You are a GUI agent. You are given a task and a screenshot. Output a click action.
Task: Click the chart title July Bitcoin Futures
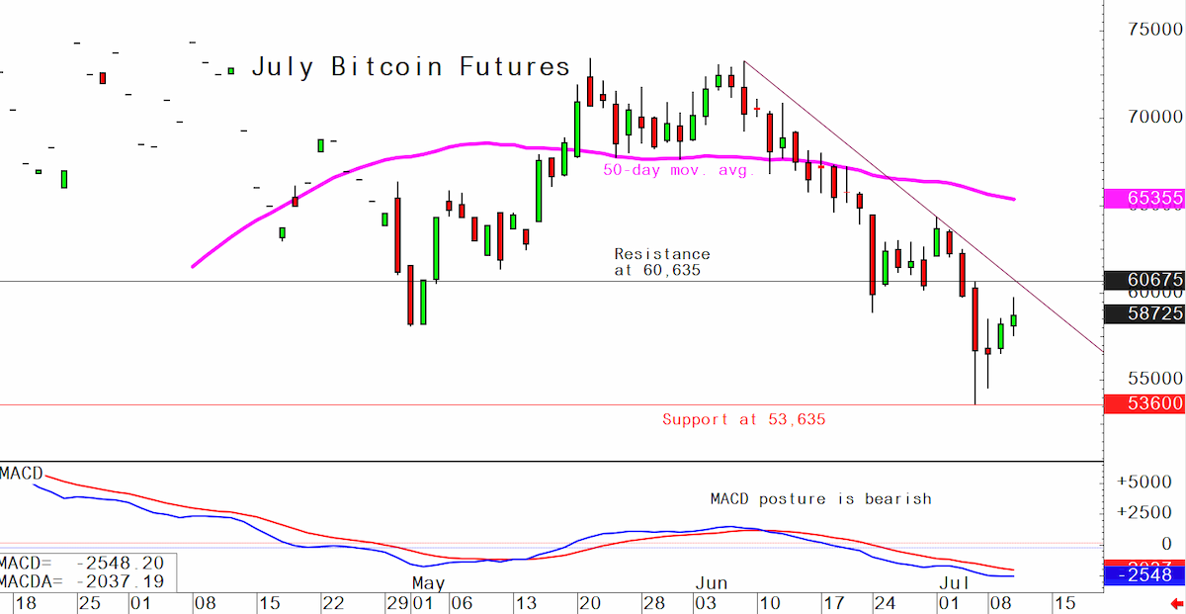tap(411, 67)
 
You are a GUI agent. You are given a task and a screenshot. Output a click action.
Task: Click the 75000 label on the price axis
tap(1154, 29)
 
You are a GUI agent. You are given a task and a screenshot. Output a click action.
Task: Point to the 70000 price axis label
tap(1154, 117)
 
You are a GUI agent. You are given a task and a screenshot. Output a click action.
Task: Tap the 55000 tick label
tap(1154, 379)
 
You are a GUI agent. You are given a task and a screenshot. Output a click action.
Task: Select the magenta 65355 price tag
tap(1144, 198)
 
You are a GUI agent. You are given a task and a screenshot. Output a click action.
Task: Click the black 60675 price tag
tap(1144, 280)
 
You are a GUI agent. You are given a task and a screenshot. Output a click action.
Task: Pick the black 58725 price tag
tap(1144, 313)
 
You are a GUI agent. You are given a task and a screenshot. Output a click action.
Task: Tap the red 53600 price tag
tap(1144, 403)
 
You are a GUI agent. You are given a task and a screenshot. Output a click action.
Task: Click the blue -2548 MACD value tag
tap(1144, 575)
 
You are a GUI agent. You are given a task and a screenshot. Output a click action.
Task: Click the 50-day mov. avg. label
tap(679, 171)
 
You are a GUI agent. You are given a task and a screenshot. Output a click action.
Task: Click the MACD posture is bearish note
tap(820, 499)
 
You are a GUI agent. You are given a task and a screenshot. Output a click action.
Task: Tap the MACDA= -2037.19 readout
tap(82, 581)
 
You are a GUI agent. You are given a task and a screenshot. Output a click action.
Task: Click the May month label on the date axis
tap(428, 583)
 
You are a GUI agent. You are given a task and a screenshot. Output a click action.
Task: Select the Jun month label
tap(711, 583)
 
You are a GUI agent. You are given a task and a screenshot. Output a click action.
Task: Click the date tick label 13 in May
tap(526, 603)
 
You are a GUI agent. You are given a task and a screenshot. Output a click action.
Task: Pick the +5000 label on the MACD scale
tap(1144, 482)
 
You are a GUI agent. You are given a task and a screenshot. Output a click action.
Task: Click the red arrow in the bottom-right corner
tap(1177, 603)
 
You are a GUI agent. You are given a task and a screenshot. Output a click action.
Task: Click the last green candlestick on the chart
tap(1013, 320)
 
